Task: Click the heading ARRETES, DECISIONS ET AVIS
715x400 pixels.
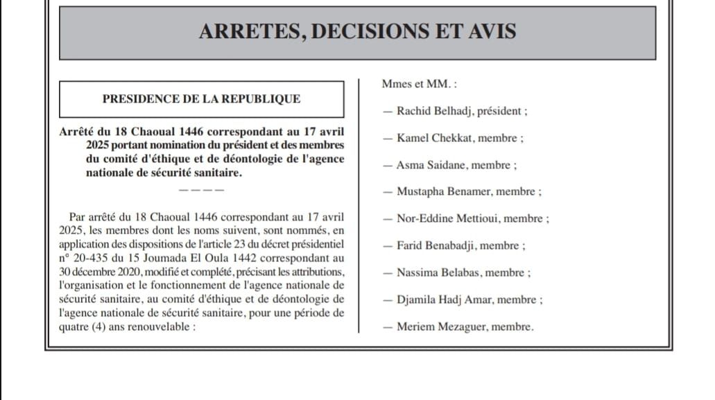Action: [x=357, y=32]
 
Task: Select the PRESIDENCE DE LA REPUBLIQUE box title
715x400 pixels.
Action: [x=201, y=99]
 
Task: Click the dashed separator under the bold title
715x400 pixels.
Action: [x=201, y=189]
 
